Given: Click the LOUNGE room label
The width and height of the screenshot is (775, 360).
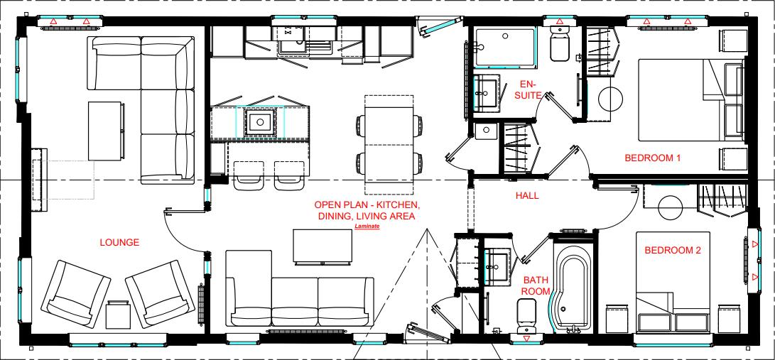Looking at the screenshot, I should pos(119,243).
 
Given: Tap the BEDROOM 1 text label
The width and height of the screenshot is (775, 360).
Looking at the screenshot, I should pos(652,158).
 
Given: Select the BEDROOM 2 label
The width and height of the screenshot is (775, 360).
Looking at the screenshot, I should pos(672,250).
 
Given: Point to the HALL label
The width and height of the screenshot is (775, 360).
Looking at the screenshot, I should pos(527,195).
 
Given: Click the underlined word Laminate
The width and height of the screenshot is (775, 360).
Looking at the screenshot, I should pos(367,227).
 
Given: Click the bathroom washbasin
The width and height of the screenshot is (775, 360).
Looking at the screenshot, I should pos(496,265).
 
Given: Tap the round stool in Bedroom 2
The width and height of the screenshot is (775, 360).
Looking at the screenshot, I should pos(672,208).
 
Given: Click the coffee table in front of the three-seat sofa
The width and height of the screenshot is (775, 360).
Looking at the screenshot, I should pos(323,246).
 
